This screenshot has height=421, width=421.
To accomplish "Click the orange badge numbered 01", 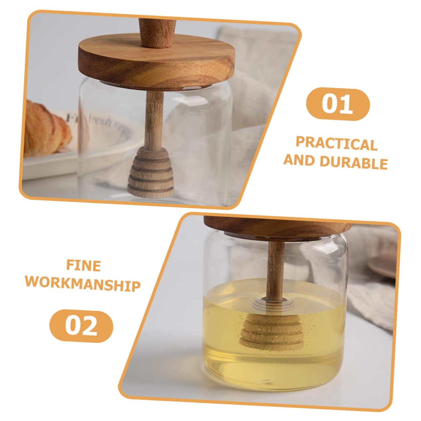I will (x=337, y=104).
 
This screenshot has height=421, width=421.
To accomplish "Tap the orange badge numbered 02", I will (x=81, y=326).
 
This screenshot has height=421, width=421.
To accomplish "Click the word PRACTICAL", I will (x=336, y=144).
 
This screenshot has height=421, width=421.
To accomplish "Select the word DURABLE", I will (x=353, y=163).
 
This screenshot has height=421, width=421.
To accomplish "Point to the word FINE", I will (x=83, y=266).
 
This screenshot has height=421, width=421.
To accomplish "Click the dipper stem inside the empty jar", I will (x=153, y=120).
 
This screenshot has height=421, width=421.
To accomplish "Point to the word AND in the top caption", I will (x=299, y=161).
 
